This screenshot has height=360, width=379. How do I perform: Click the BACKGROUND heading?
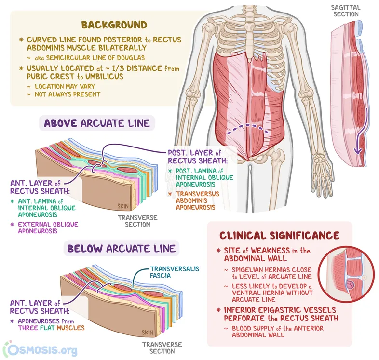(114, 25)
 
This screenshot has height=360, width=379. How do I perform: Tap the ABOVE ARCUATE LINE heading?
(97, 123)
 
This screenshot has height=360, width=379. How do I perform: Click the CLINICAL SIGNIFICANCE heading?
(279, 235)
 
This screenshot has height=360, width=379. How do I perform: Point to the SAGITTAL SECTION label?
(345, 11)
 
